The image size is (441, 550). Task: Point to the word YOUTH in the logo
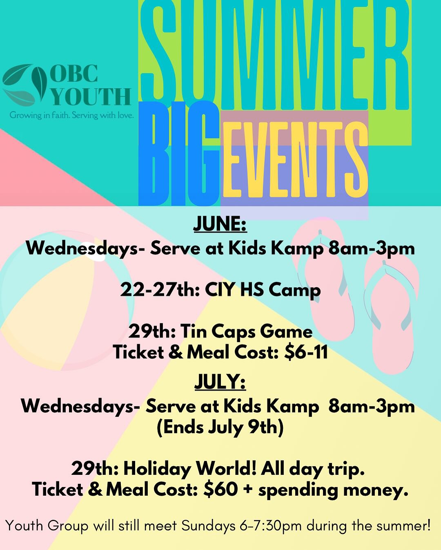coord(91,97)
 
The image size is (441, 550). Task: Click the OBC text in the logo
coord(74,74)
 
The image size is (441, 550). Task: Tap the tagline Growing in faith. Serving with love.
coord(72,116)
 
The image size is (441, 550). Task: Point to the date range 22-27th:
coord(160,290)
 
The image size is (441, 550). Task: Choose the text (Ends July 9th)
coord(220,427)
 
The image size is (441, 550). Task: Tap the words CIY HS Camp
coord(263,291)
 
